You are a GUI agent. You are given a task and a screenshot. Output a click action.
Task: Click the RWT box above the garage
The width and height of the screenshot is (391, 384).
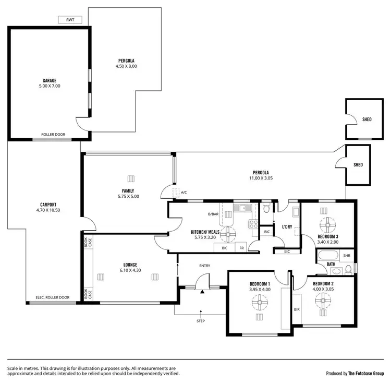pyautogui.click(x=70, y=20)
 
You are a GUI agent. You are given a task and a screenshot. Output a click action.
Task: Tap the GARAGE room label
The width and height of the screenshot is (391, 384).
pyautogui.click(x=50, y=80)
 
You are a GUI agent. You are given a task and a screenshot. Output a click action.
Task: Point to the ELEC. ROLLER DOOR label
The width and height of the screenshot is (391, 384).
pyautogui.click(x=52, y=297)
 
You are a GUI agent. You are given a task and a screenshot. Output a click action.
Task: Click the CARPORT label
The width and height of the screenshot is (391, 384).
pyautogui.click(x=48, y=205)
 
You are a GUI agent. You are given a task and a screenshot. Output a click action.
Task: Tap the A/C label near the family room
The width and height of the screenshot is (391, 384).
pyautogui.click(x=184, y=193)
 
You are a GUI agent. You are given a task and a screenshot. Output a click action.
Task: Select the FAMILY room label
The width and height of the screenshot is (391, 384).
pyautogui.click(x=128, y=190)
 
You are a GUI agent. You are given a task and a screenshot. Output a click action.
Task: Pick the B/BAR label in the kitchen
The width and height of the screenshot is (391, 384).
pyautogui.click(x=213, y=214)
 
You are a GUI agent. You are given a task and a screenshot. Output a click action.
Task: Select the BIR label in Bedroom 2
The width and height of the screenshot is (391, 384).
pyautogui.click(x=297, y=309)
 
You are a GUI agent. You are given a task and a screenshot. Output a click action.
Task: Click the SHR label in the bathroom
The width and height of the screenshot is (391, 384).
pyautogui.click(x=347, y=256)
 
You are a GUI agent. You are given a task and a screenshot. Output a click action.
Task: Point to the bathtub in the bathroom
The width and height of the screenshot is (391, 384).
pyautogui.click(x=328, y=256)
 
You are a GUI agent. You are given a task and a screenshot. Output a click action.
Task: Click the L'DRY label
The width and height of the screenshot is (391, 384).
pyautogui.click(x=287, y=227)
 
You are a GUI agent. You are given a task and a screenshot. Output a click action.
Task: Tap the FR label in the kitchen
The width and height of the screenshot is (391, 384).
pyautogui.click(x=241, y=248)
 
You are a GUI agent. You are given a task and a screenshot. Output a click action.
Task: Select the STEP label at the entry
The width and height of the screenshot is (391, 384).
pyautogui.click(x=201, y=321)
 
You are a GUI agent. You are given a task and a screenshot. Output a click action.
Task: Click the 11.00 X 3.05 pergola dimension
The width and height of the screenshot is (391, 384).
pyautogui.click(x=261, y=178)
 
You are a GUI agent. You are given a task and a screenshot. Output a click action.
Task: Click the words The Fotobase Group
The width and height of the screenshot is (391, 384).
pyautogui.click(x=366, y=373)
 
